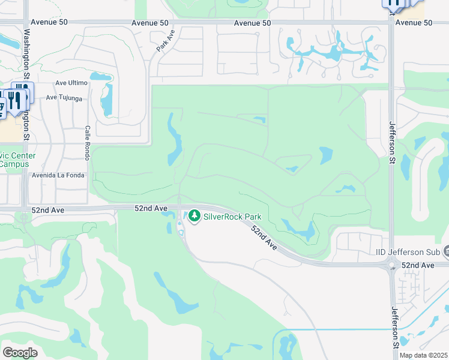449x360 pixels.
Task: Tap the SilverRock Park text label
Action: click(232, 217)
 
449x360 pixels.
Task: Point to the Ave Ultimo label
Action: click(71, 83)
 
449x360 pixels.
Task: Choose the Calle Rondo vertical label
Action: click(87, 143)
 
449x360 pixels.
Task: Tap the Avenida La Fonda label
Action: click(59, 175)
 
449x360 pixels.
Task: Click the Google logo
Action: click(20, 353)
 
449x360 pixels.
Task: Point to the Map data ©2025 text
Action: click(423, 355)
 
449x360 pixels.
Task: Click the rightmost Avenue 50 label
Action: click(414, 23)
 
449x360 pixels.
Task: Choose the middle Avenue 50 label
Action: click(253, 23)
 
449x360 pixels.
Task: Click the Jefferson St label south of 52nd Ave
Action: click(395, 327)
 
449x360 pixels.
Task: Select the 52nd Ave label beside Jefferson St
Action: click(418, 265)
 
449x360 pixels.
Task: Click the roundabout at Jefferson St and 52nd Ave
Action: click(392, 265)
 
